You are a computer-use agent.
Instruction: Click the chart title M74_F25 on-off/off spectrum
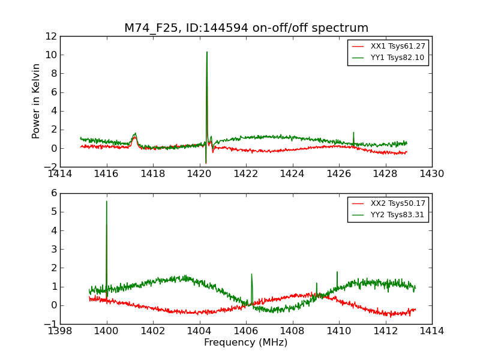[x=246, y=28]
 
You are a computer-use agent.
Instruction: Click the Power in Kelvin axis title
[x=37, y=101]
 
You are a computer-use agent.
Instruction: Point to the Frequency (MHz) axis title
[x=246, y=343]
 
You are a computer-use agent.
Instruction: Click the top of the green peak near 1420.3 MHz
[x=207, y=52]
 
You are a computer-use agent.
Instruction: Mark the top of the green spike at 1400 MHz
[x=107, y=202]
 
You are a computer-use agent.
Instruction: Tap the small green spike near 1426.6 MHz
[x=353, y=133]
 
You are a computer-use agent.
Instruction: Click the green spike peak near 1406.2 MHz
[x=251, y=274]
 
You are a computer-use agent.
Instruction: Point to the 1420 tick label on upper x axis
[x=199, y=174]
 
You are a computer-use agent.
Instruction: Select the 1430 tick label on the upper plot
[x=431, y=174]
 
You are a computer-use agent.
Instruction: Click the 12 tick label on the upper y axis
[x=50, y=36]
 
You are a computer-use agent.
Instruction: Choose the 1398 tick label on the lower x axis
[x=60, y=331]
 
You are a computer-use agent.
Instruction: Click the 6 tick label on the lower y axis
[x=53, y=193]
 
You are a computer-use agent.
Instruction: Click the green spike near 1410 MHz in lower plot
[x=337, y=272]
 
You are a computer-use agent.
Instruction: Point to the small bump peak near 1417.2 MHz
[x=135, y=134]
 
